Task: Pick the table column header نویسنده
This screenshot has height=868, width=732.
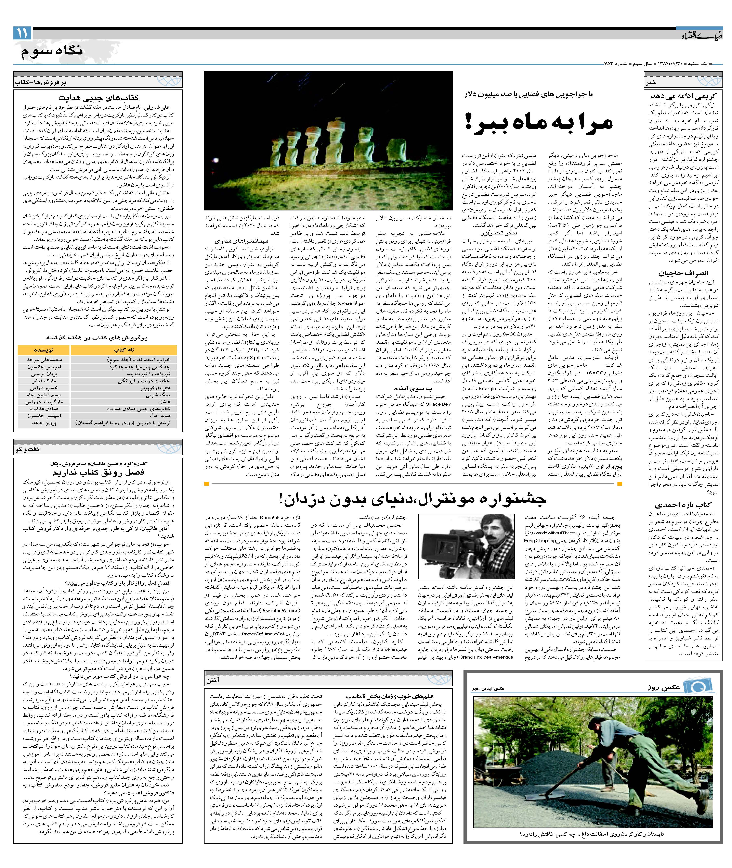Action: pyautogui.click(x=44, y=350)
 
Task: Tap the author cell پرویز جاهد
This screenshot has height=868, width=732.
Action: pyautogui.click(x=44, y=423)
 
